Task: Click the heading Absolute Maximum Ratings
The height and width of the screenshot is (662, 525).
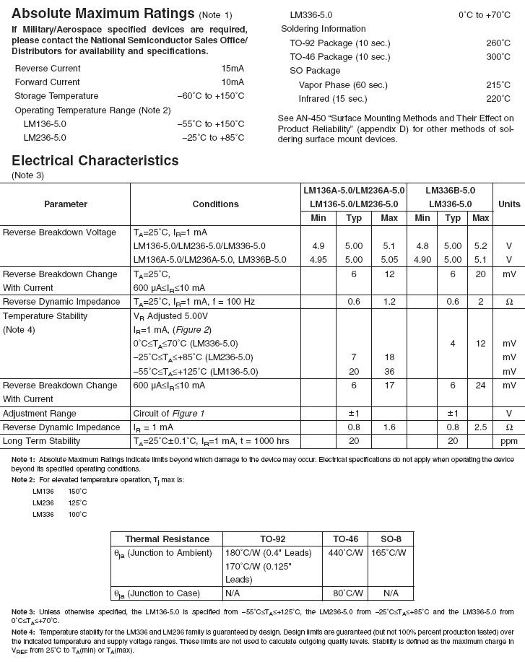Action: (x=103, y=14)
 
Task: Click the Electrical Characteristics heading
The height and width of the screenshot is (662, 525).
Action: (x=95, y=160)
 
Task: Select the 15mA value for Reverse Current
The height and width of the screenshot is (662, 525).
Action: (x=233, y=69)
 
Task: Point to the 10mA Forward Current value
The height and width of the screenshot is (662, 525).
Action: (x=233, y=82)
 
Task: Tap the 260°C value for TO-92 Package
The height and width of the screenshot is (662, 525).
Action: (x=498, y=43)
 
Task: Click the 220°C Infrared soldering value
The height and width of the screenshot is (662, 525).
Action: (x=498, y=99)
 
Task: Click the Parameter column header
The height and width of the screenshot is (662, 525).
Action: (x=65, y=204)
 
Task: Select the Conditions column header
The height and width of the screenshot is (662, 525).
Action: (x=215, y=204)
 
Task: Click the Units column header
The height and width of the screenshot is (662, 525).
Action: (x=508, y=204)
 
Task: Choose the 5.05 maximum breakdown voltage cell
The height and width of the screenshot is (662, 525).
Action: (x=389, y=260)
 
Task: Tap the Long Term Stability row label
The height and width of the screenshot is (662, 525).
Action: (x=41, y=441)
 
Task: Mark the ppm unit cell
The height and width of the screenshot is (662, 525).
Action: (x=508, y=441)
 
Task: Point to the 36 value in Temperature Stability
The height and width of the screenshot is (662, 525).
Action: (x=389, y=372)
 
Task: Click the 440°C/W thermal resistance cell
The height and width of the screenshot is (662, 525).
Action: (x=346, y=553)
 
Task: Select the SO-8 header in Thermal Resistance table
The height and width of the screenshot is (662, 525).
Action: (x=391, y=539)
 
